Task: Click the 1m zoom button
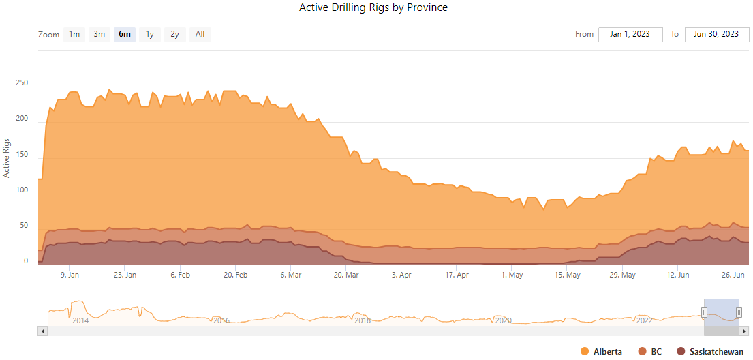(x=74, y=34)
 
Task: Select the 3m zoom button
(x=99, y=34)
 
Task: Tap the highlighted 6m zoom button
(x=125, y=34)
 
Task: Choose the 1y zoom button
(x=150, y=34)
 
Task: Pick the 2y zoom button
(x=175, y=34)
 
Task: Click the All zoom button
(x=200, y=34)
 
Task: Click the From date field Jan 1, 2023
(x=630, y=34)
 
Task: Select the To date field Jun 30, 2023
(x=717, y=34)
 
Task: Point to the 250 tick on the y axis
(x=25, y=83)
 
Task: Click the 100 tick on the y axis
(x=25, y=190)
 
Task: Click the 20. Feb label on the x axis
(x=235, y=275)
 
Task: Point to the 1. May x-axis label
(x=512, y=275)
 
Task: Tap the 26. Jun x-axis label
(x=733, y=275)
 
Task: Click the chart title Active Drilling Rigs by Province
(x=373, y=7)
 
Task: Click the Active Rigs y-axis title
(x=7, y=157)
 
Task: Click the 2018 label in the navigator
(x=363, y=320)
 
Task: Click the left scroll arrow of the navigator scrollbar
(x=43, y=331)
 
